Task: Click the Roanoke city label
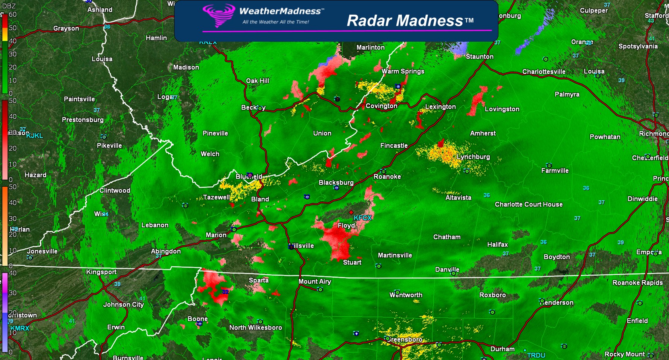coord(387,176)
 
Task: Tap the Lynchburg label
coord(473,157)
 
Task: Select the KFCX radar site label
coord(363,218)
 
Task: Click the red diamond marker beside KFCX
coord(351,213)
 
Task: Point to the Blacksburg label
coord(336,182)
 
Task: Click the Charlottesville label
coord(543,72)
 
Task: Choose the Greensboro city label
coord(404,339)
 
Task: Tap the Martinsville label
coord(395,255)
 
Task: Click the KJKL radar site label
coord(35,135)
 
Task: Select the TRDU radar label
coord(536,355)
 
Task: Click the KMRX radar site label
coord(20,328)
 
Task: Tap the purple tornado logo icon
coord(219,15)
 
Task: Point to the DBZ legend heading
coord(9,6)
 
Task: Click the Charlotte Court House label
coord(529,204)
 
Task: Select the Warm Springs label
coord(403,71)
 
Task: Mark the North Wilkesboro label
coord(255,327)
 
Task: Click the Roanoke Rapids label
coord(637,283)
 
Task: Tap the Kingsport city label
coord(101,272)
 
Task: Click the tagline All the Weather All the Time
coord(275,22)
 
